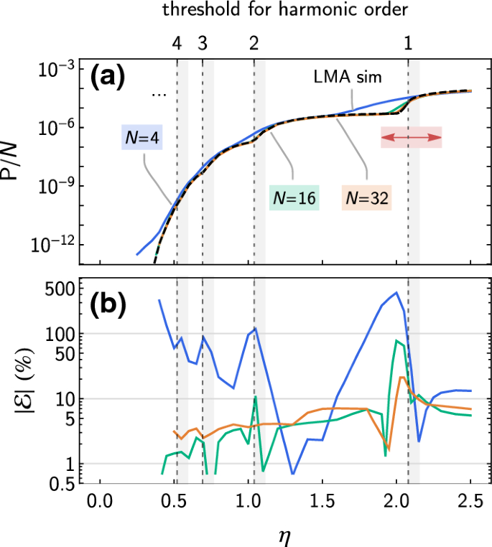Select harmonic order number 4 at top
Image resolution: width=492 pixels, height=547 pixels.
177,44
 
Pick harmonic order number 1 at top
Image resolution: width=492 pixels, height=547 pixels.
408,44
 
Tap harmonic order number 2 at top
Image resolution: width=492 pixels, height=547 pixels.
254,44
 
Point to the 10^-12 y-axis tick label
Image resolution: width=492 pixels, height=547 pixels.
52,246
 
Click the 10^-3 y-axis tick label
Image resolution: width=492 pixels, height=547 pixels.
55,70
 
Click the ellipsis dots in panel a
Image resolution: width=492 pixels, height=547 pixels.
160,95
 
